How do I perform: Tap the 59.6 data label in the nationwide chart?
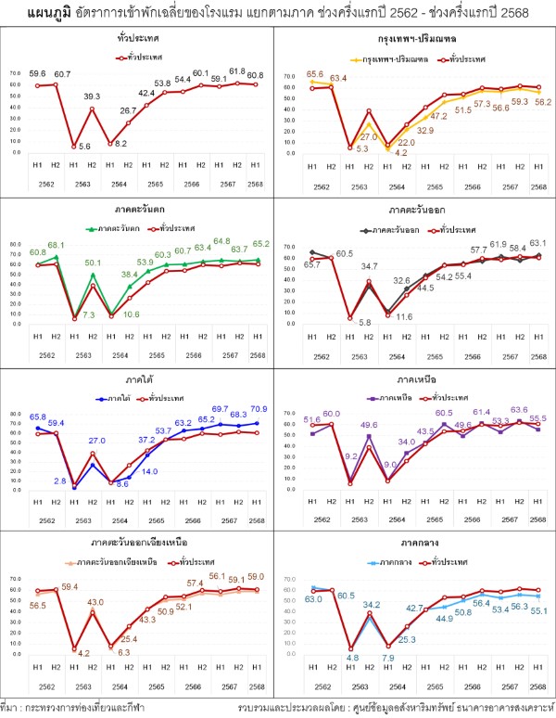click(37, 72)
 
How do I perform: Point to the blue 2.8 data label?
click(60, 481)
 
